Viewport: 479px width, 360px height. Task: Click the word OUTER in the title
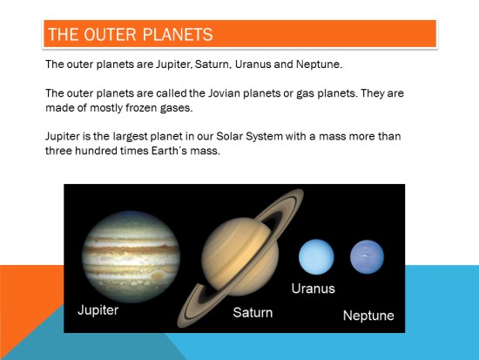[x=110, y=34]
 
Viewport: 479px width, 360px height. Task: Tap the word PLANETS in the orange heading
[x=178, y=34]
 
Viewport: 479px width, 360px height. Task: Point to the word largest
[x=130, y=136]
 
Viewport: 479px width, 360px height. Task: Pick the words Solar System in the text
[x=250, y=136]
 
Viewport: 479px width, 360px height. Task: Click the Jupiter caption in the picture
[x=98, y=310]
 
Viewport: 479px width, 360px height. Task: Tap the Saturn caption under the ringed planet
[x=253, y=313]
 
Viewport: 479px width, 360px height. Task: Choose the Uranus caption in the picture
[x=314, y=289]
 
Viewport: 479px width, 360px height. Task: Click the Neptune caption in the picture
[x=368, y=316]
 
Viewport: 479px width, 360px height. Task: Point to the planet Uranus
[x=316, y=256]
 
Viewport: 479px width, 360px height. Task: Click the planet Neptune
[x=367, y=256]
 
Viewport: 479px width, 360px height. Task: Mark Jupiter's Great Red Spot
[x=158, y=275]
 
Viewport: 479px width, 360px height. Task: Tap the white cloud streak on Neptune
[x=365, y=255]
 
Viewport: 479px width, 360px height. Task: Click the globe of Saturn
[x=240, y=256]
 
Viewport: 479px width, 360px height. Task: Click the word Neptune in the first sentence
[x=319, y=65]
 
